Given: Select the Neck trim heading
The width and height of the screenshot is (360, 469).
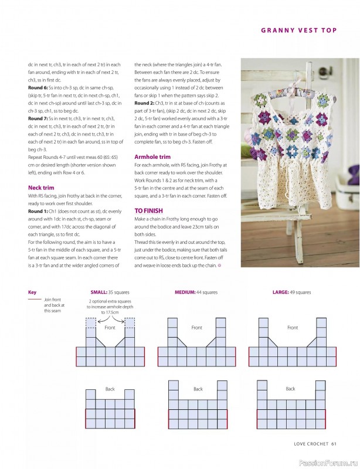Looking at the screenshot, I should click(x=41, y=188).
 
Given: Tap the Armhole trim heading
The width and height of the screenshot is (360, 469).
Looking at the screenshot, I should click(x=152, y=157).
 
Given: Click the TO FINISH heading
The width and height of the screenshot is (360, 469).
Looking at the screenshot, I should click(x=148, y=210).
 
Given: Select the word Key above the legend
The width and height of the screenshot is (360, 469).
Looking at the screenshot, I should click(x=32, y=292).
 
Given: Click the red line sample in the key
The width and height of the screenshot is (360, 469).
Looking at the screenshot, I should click(x=35, y=300).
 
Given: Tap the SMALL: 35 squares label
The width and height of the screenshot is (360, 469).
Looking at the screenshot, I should click(x=110, y=292).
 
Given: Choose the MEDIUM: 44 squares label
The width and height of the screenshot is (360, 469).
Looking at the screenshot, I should click(x=196, y=292).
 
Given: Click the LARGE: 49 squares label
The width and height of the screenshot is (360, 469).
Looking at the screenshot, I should click(x=291, y=292).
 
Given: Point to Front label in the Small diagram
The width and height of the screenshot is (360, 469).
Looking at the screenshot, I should click(x=110, y=328).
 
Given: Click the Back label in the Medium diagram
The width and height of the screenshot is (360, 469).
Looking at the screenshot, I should click(x=198, y=389).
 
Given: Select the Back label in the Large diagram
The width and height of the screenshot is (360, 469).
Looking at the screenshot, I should click(x=290, y=389).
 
